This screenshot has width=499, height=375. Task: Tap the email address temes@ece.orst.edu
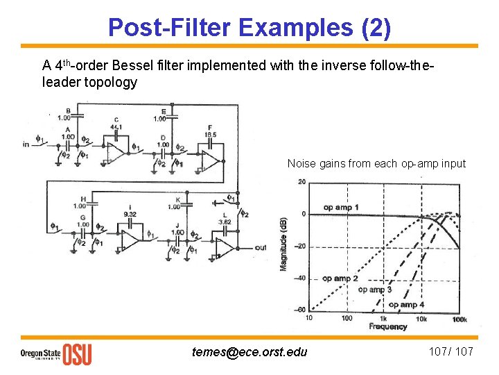point(249,351)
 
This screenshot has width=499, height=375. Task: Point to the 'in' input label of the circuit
point(26,144)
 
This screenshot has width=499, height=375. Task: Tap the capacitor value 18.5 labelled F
point(211,134)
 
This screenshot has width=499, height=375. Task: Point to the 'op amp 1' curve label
point(340,207)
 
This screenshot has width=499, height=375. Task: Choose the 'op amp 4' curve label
point(406,304)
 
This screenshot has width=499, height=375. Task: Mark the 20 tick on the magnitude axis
point(301,182)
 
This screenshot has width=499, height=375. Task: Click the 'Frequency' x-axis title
point(388,326)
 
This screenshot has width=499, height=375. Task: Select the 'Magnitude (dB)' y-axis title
point(285,243)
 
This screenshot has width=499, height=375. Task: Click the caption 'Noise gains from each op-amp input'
point(376,164)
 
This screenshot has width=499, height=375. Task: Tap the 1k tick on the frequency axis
point(383,318)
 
